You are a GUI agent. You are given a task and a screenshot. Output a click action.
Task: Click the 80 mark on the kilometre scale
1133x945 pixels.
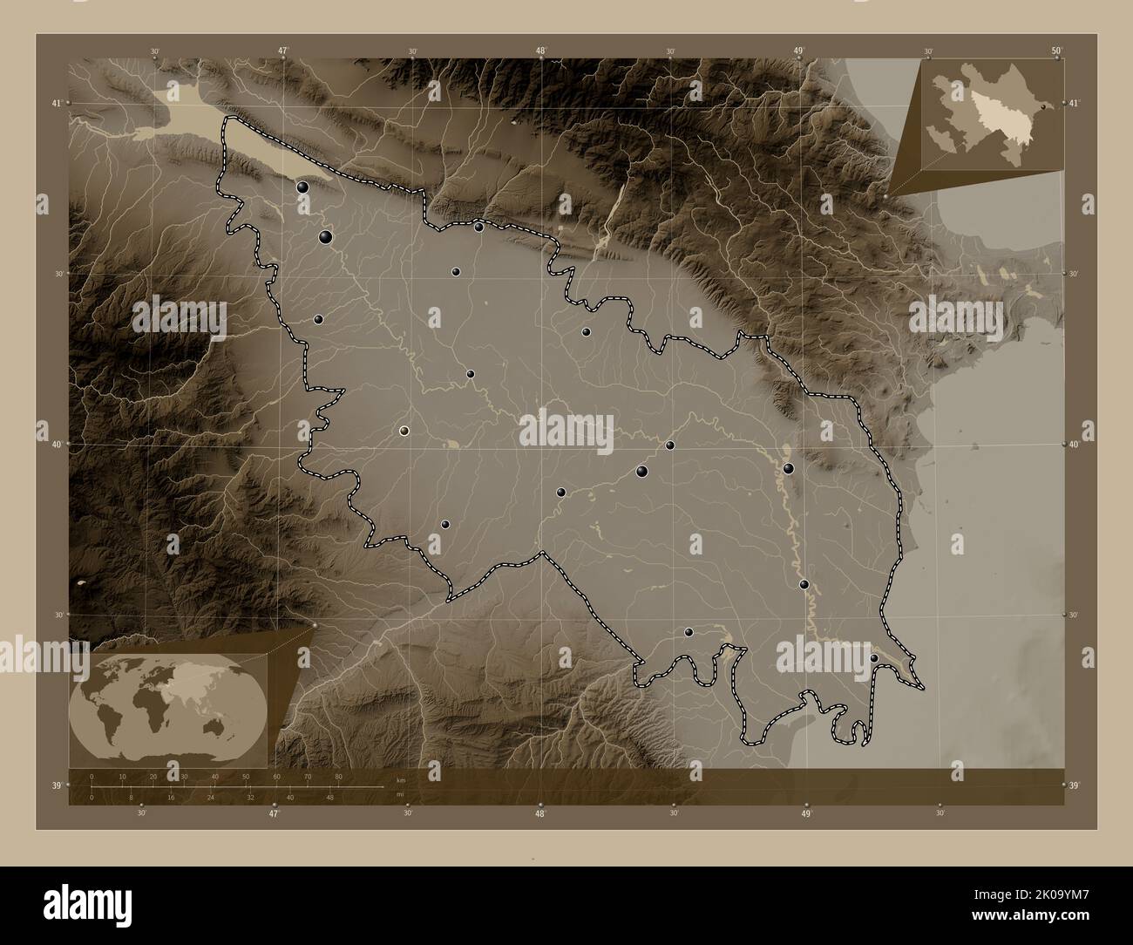click(337, 776)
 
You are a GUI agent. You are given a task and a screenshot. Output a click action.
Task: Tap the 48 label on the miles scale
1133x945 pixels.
click(329, 797)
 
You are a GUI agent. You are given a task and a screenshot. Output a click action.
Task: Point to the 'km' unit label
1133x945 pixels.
click(400, 780)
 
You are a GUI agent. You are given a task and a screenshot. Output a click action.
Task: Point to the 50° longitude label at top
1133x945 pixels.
click(1055, 51)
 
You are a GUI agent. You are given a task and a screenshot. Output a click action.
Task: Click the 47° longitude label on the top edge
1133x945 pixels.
click(282, 51)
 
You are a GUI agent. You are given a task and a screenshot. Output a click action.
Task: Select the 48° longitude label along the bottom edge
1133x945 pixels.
click(540, 814)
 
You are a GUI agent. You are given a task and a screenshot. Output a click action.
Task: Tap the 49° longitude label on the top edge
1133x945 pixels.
click(798, 51)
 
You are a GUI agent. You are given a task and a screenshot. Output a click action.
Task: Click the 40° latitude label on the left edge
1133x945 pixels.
click(56, 445)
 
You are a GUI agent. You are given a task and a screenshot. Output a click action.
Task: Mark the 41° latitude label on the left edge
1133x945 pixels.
click(56, 104)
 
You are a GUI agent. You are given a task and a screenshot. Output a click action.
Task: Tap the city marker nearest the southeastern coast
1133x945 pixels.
click(874, 658)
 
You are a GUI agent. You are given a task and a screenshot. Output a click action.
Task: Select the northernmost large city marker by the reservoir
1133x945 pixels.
click(302, 187)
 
